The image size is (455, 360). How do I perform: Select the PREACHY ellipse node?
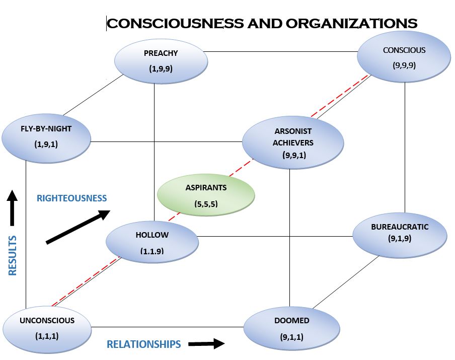click(x=161, y=61)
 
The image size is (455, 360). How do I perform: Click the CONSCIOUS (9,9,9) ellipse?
click(x=404, y=57)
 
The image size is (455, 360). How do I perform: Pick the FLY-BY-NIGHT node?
click(x=46, y=136)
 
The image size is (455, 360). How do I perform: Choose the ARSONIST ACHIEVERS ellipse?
click(x=292, y=142)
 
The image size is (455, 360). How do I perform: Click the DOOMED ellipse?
click(x=291, y=328)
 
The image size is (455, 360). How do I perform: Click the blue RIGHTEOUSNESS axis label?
click(x=72, y=198)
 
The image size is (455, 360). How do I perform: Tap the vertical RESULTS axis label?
click(x=13, y=255)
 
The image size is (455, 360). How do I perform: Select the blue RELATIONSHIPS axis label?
click(x=143, y=344)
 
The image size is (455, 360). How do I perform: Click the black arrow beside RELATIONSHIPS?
click(x=206, y=344)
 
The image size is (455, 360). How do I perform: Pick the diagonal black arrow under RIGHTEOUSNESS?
click(x=78, y=228)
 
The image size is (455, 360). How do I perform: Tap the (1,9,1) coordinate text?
click(x=46, y=144)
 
